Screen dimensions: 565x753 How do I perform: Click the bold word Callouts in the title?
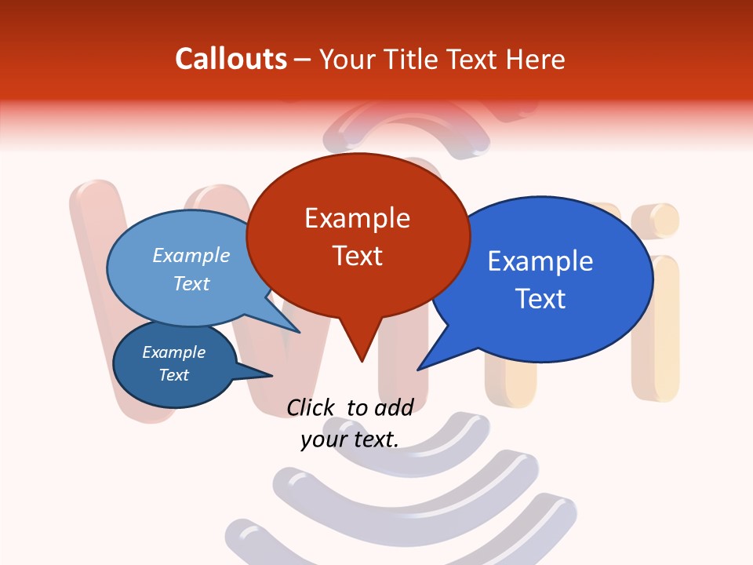231,59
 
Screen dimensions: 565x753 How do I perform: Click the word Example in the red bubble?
357,217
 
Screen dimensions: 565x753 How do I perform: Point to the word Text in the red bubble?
357,255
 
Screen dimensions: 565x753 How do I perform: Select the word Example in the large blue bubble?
540,261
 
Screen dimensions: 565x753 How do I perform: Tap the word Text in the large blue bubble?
540,298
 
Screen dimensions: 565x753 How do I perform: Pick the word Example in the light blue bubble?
191,255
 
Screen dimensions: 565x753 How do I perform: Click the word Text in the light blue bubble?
191,283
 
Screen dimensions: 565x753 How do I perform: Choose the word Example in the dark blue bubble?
173,352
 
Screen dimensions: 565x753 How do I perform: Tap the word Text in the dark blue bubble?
173,375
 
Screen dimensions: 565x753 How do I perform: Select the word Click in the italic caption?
310,407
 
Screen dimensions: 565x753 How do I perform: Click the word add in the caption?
394,407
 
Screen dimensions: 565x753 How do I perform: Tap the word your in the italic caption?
324,439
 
